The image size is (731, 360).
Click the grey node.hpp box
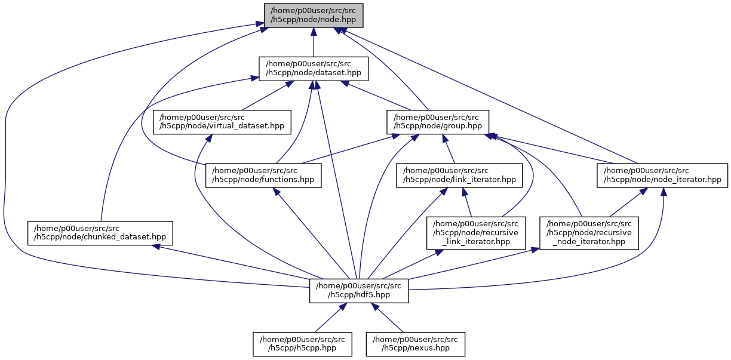click(x=314, y=15)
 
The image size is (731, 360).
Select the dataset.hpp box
click(x=314, y=69)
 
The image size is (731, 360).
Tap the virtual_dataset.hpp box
click(x=222, y=122)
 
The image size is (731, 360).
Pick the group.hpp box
click(x=438, y=122)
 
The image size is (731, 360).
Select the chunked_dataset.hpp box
click(x=100, y=233)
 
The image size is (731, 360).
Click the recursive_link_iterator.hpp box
click(x=475, y=233)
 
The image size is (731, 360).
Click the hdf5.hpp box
click(x=359, y=290)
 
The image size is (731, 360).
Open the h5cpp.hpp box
click(x=302, y=344)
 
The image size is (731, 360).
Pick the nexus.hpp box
click(x=416, y=344)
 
